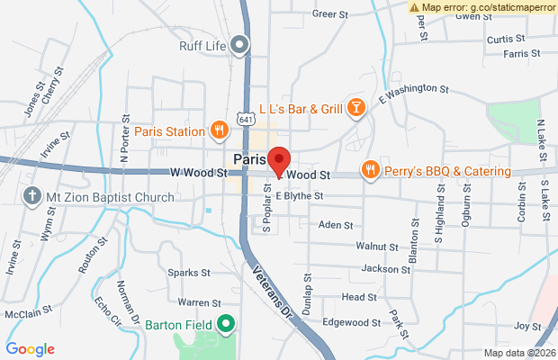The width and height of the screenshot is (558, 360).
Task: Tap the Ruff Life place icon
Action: click(238, 42)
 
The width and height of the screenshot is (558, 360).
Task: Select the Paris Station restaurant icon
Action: click(218, 131)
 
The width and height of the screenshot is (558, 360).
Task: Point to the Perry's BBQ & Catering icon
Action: click(369, 170)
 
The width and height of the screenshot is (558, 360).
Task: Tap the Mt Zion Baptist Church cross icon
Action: click(31, 196)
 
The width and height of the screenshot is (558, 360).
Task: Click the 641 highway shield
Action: click(246, 119)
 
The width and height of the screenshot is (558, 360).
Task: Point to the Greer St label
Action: click(329, 14)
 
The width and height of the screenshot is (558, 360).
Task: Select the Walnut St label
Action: click(376, 246)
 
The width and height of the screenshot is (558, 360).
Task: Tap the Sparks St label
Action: click(188, 271)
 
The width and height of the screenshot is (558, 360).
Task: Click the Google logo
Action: click(31, 349)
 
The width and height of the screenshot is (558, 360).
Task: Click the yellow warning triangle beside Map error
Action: click(414, 6)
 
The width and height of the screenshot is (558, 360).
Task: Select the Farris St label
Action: click(522, 54)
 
